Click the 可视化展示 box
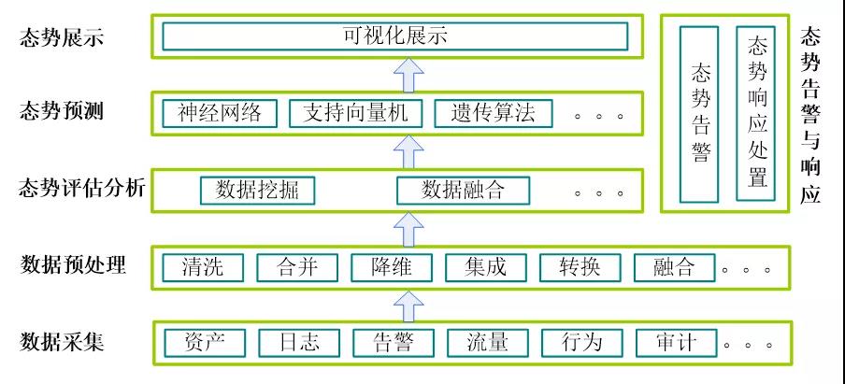point(394,37)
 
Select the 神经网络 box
point(220,114)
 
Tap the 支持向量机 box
point(356,114)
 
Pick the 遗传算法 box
point(493,114)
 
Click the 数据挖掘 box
point(257,190)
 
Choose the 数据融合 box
point(464,190)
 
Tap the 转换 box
point(580,267)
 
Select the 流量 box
point(487,342)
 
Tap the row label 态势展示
point(62,38)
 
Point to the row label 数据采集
point(62,341)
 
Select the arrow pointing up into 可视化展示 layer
point(408,72)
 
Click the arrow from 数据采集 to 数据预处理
point(408,304)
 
